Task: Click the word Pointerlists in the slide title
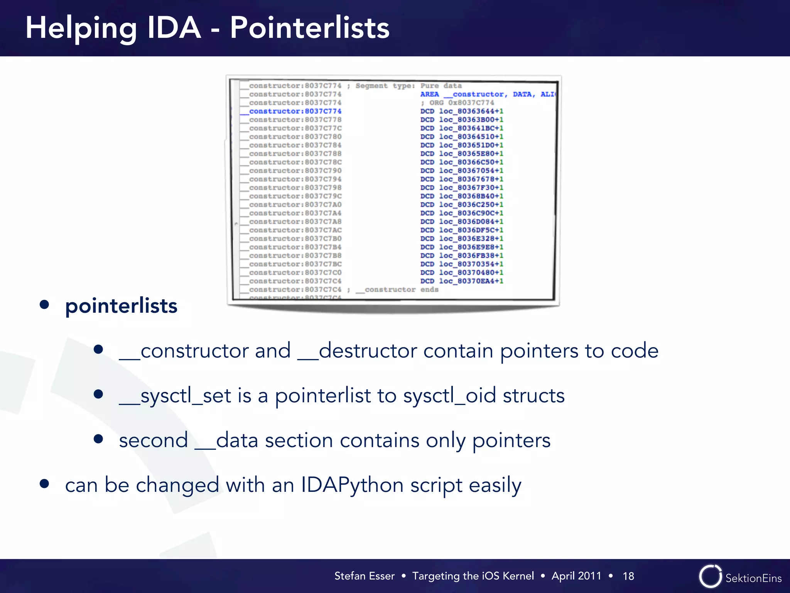(309, 28)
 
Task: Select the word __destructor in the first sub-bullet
(357, 351)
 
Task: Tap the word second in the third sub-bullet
(153, 441)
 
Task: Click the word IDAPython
(352, 485)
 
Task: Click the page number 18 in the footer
(628, 576)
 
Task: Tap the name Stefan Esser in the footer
(364, 576)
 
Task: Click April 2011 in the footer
(576, 576)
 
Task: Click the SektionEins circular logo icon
(710, 576)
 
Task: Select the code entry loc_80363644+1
(471, 111)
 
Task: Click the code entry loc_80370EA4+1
(471, 281)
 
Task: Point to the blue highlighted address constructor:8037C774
(295, 111)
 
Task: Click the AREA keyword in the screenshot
(429, 94)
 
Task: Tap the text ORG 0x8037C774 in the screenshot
(461, 103)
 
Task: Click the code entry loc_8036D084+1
(471, 222)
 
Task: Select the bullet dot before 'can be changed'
(44, 484)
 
